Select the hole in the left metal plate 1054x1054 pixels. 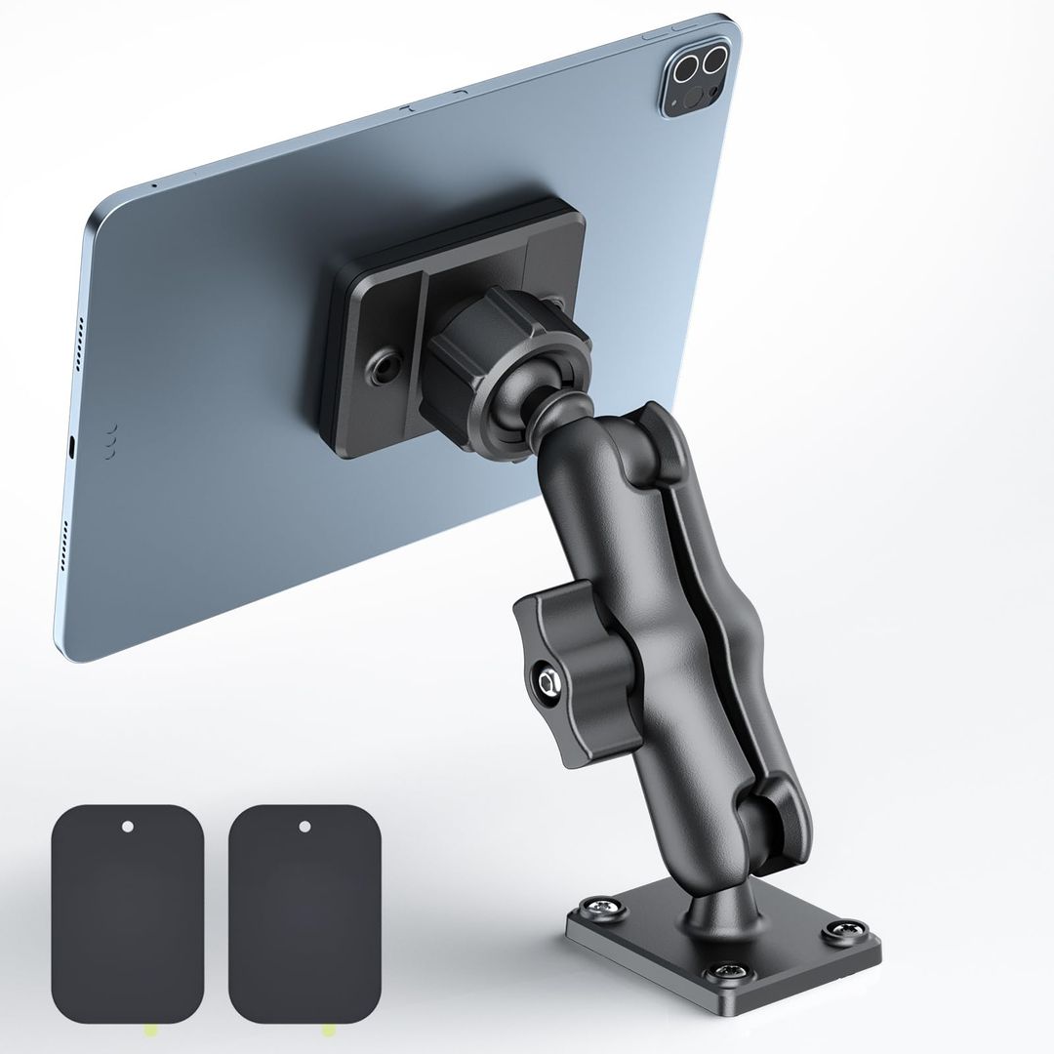128,827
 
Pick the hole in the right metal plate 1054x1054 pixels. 304,827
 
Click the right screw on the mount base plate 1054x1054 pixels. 841,931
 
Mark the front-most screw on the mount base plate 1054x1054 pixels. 727,971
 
